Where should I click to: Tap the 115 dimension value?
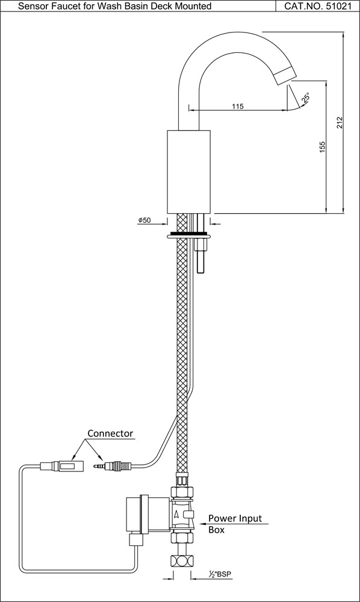click(237, 106)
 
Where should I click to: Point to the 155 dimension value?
click(322, 146)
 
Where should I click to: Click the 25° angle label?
click(306, 98)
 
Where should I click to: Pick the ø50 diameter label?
click(144, 221)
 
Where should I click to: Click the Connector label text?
click(110, 433)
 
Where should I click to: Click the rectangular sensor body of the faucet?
click(188, 171)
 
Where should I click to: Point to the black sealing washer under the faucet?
click(188, 232)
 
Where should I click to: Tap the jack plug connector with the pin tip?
click(112, 465)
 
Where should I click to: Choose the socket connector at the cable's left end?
click(60, 465)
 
